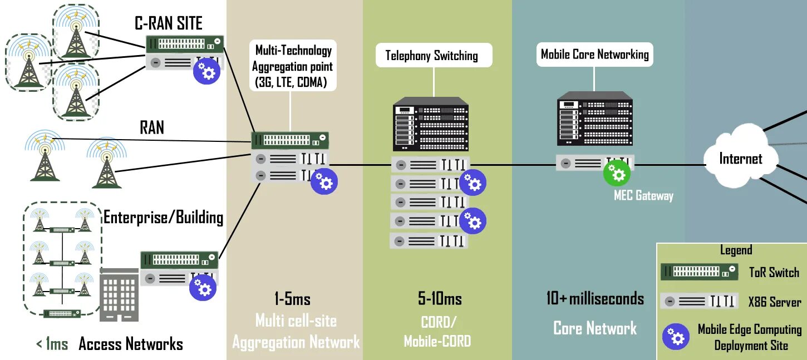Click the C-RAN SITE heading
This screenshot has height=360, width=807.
[169, 23]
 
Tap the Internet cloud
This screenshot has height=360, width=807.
[740, 158]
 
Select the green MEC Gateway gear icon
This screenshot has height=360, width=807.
[617, 173]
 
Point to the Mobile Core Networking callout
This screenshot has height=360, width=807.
[594, 55]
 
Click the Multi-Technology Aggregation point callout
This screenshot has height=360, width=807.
[292, 67]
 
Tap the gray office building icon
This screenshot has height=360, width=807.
[119, 294]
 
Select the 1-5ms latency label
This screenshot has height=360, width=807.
[292, 299]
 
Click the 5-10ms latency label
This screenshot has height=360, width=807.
[440, 299]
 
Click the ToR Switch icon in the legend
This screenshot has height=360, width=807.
[699, 272]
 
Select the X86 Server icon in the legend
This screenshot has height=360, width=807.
[699, 301]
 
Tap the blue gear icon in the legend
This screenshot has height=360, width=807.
[675, 336]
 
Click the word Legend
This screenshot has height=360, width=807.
[736, 250]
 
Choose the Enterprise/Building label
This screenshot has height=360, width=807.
[163, 218]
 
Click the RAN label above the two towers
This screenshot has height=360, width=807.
[151, 127]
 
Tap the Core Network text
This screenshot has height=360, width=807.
[594, 328]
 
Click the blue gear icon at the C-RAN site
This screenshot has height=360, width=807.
[206, 72]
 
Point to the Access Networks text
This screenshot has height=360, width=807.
[131, 344]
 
